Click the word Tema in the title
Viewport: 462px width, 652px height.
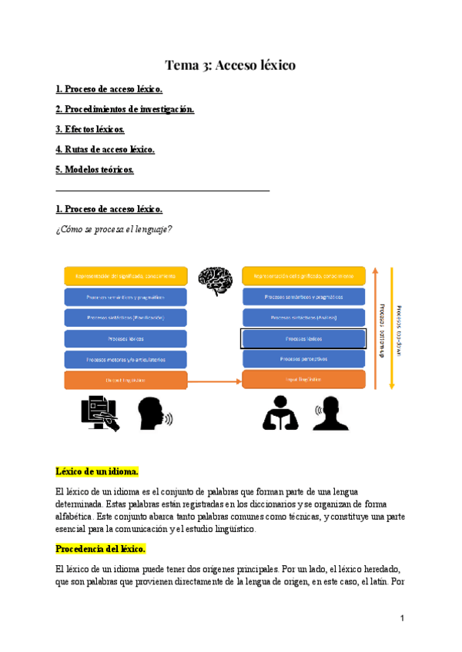pos(183,65)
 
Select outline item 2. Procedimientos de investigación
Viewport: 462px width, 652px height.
pos(125,109)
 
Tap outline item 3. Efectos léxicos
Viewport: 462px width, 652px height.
pos(90,129)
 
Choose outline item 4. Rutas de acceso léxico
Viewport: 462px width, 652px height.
pos(105,149)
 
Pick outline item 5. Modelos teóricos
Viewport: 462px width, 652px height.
pos(95,169)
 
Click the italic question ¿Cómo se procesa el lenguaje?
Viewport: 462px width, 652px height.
pos(114,228)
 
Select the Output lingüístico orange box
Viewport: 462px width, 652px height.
pos(126,380)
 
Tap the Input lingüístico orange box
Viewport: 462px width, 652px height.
pos(303,380)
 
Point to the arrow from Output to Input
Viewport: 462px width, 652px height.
pos(214,380)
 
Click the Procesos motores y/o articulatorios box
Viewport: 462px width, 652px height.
pos(126,359)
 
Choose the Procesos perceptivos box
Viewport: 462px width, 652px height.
pos(303,359)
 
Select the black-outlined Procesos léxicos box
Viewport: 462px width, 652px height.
pos(303,338)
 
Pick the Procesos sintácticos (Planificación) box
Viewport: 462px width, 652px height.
pos(126,317)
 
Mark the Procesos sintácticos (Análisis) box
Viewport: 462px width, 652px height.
pos(303,317)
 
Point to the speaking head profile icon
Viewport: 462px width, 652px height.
pos(154,414)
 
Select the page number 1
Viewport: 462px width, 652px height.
pos(402,618)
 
